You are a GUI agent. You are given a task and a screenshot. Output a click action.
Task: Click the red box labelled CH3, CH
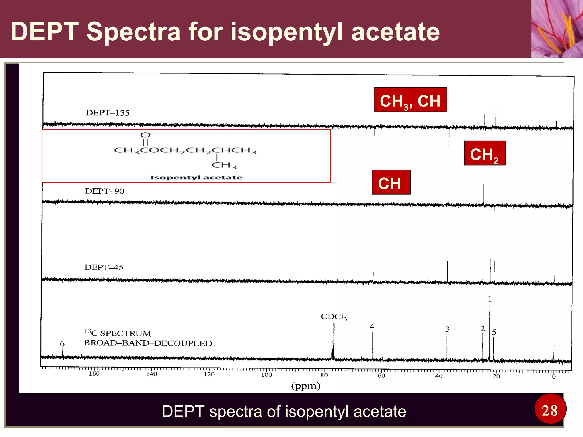[x=410, y=100]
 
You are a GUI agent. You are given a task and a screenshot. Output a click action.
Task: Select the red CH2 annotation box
[x=485, y=153]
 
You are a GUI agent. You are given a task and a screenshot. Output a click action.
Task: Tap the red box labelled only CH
[x=391, y=182]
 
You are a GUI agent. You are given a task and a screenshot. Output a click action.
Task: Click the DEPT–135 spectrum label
[x=108, y=113]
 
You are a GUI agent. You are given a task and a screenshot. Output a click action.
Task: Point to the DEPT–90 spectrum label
[x=104, y=191]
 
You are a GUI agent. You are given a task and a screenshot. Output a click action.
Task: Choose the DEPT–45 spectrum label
[x=104, y=267]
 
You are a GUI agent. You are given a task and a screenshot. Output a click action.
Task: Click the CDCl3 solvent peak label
[x=334, y=317]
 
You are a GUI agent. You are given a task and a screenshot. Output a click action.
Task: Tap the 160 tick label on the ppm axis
[x=94, y=374]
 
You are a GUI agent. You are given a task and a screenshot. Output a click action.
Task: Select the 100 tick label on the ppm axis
[x=266, y=375]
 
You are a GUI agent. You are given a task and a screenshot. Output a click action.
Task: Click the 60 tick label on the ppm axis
[x=381, y=376]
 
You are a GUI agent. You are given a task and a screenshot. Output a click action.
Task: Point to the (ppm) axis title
[x=306, y=386]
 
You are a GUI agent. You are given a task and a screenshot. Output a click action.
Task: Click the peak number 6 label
[x=62, y=344]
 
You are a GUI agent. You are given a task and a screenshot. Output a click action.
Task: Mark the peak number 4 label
[x=372, y=327]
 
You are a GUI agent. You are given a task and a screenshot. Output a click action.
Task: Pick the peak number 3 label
[x=447, y=329]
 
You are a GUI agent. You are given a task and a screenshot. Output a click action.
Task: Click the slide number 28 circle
[x=550, y=411]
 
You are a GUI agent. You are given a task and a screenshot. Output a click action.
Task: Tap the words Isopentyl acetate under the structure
[x=196, y=178]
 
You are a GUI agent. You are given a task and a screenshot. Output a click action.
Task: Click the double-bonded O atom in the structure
[x=145, y=135]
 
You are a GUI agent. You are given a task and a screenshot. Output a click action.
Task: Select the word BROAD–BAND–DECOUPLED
[x=148, y=343]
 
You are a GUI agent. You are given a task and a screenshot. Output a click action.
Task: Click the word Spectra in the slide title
[x=133, y=32]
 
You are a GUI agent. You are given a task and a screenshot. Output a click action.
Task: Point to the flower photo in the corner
[x=557, y=29]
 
